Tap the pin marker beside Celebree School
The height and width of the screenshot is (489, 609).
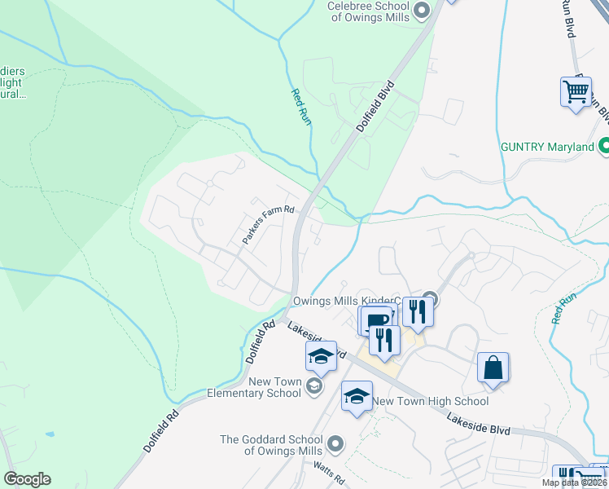[x=421, y=11]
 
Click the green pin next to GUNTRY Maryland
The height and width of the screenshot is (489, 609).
[x=604, y=147]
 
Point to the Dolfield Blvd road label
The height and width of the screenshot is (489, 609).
[x=375, y=107]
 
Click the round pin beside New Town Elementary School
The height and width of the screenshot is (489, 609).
[x=315, y=388]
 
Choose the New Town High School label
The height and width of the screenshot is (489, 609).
[x=431, y=401]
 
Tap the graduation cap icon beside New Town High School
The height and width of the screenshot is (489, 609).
[x=357, y=397]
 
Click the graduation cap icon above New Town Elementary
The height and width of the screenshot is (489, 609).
[x=321, y=356]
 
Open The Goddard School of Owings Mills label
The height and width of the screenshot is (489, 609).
[x=272, y=445]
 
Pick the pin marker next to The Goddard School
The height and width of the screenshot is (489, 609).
[x=335, y=444]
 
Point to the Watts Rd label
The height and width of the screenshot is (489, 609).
[x=330, y=470]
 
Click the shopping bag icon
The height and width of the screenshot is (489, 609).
[x=493, y=368]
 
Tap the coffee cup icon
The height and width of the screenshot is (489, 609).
[x=376, y=320]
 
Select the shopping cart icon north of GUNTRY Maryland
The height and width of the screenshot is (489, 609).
[x=576, y=91]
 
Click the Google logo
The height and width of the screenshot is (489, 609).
[x=27, y=479]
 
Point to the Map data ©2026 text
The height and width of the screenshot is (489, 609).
[x=575, y=482]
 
